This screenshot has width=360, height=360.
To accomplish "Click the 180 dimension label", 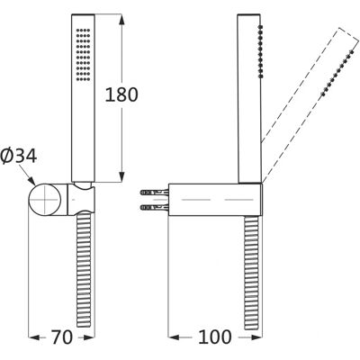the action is tap(121, 94).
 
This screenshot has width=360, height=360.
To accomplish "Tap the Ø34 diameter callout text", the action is tap(19, 156).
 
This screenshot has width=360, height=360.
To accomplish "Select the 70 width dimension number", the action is tap(62, 337).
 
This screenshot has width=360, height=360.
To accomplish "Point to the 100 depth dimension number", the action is tap(215, 337).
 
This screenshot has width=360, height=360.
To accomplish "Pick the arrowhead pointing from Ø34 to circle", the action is tap(31, 181).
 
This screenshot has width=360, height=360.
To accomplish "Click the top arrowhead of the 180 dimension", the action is tap(121, 20).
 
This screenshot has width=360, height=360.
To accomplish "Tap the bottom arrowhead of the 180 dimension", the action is tap(121, 176).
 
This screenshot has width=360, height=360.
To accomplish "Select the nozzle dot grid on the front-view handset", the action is tap(83, 54).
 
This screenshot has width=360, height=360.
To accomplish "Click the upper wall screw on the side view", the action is tap(155, 192).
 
